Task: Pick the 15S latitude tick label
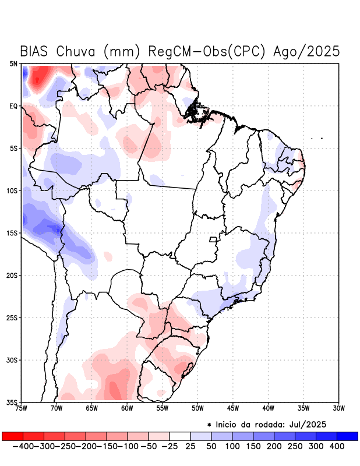(12, 233)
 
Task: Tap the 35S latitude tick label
(12, 402)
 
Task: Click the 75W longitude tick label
(22, 408)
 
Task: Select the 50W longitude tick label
(197, 408)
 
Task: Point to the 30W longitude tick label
(338, 408)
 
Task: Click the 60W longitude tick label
(127, 408)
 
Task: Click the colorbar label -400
(23, 446)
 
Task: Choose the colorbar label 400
(337, 446)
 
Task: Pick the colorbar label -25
(169, 446)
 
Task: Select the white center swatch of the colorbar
(179, 436)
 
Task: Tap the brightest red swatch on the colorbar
(12, 436)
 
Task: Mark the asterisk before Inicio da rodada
(209, 424)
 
